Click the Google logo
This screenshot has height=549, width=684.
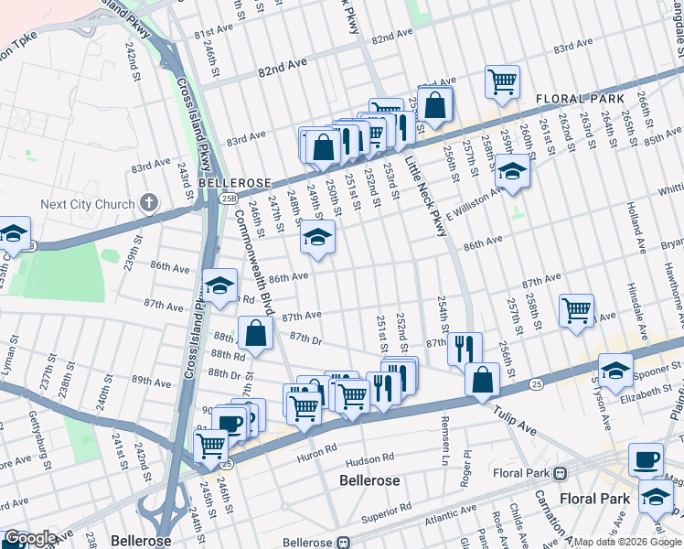click(30, 538)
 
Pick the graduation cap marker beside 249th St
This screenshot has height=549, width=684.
click(317, 237)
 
